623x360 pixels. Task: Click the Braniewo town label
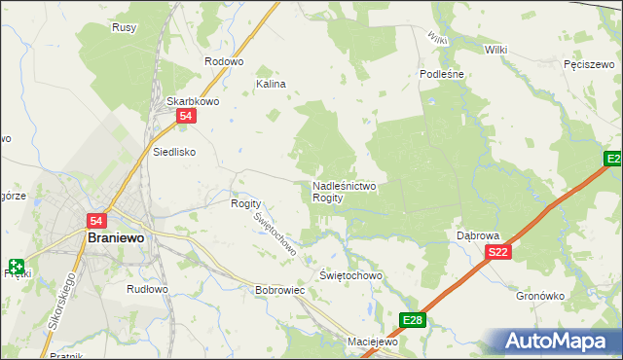116,237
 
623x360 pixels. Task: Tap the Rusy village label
124,27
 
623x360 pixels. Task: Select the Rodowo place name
223,61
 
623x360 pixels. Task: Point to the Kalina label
271,85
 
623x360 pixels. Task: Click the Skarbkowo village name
191,101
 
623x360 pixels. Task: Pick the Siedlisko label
175,152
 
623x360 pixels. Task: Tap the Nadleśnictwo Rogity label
344,191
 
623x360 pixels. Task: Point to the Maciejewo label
375,342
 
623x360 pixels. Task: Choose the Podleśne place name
441,74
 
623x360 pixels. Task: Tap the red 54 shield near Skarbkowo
188,117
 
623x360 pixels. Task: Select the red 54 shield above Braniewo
96,221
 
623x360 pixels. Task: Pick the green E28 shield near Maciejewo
413,319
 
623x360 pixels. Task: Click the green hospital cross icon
18,265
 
